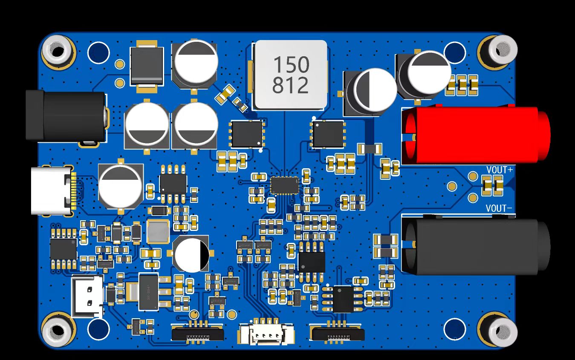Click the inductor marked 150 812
(x=291, y=75)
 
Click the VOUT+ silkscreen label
(x=500, y=170)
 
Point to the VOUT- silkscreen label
(x=499, y=208)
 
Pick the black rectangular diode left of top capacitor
(x=147, y=66)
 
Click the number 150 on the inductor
(x=291, y=65)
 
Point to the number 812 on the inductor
(x=291, y=86)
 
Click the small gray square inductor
(x=158, y=232)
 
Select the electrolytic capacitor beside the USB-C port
(x=120, y=187)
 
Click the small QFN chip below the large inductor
(x=285, y=185)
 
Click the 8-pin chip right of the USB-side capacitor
(x=173, y=184)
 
